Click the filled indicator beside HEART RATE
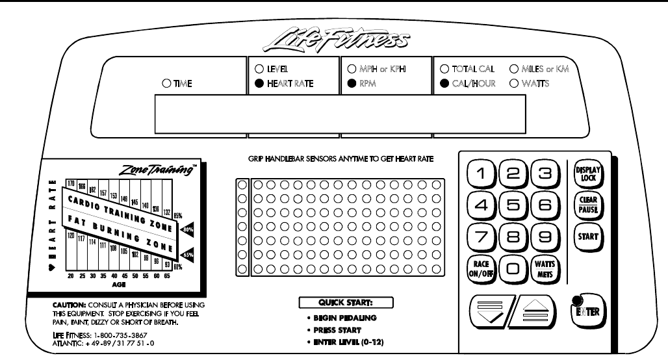pos(259,83)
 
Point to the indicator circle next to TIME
pos(166,83)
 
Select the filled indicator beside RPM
pos(352,83)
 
